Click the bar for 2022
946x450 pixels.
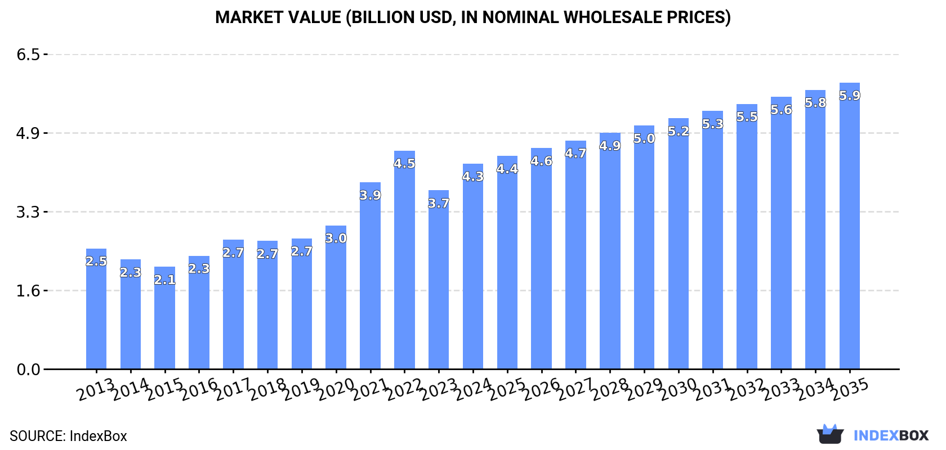404,264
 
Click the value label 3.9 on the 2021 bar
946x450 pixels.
370,195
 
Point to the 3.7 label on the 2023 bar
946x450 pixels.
439,203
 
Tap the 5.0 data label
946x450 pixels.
644,138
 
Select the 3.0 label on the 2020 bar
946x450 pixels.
336,238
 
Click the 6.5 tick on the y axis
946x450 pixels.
28,55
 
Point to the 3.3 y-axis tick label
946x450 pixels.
28,212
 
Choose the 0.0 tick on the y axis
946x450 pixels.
28,370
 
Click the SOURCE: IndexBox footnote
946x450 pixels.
68,436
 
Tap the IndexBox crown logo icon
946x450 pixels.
830,434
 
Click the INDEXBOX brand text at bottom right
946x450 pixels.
891,435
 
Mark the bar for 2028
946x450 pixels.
610,253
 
